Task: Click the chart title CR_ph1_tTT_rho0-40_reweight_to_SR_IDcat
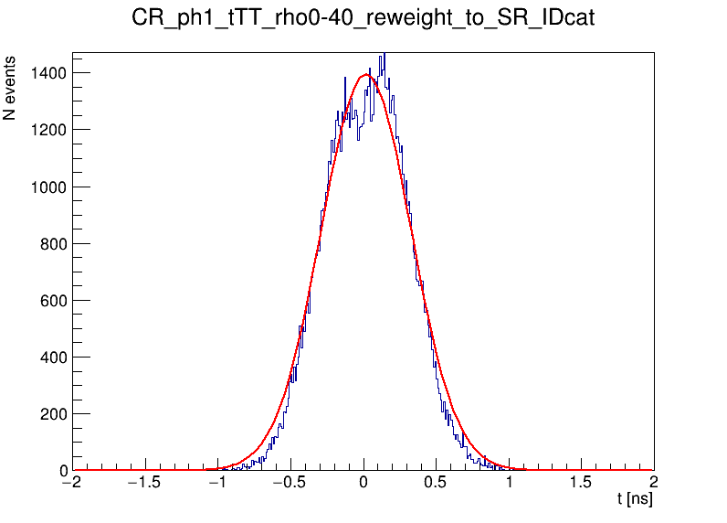point(363,18)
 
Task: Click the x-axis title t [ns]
point(635,499)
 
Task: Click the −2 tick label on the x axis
point(72,483)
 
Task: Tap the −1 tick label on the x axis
point(217,483)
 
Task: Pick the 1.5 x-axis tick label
point(581,483)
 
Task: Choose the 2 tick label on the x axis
point(653,483)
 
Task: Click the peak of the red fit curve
point(365,75)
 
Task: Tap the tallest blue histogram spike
point(385,55)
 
